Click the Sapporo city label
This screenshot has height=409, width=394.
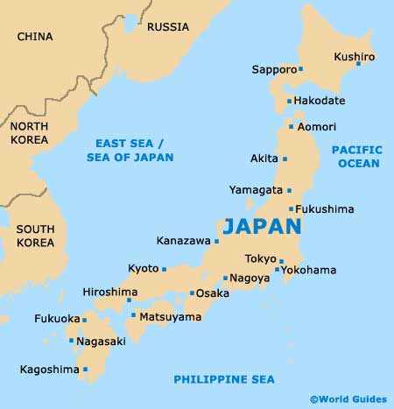tap(273, 69)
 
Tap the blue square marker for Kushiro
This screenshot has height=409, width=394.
tap(357, 64)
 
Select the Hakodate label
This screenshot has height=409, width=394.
tap(320, 102)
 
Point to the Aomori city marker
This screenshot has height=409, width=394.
tap(291, 127)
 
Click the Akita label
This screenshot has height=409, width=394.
tap(264, 159)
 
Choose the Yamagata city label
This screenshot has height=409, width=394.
tap(255, 189)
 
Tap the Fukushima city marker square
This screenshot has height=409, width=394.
tap(291, 209)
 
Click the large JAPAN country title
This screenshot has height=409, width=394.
tap(262, 226)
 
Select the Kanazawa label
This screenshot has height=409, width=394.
tap(183, 240)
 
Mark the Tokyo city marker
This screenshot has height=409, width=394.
tap(281, 260)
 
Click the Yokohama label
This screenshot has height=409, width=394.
tap(309, 270)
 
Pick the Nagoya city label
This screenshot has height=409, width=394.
tap(250, 279)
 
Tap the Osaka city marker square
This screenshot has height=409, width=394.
tap(192, 293)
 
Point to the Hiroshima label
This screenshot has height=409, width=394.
tap(109, 292)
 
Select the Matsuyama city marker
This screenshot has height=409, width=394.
tap(133, 315)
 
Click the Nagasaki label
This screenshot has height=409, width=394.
tap(102, 341)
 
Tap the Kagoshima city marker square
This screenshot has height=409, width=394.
tap(86, 370)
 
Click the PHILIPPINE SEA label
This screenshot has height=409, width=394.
tap(223, 379)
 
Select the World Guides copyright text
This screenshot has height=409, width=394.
tap(348, 398)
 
